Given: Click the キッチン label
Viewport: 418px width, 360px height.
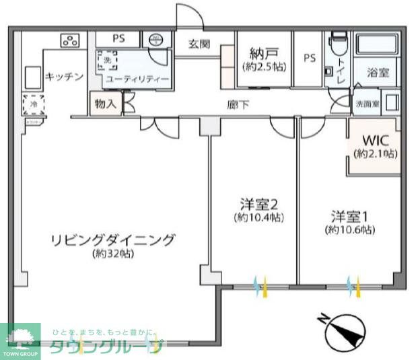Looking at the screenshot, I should pyautogui.click(x=64, y=77).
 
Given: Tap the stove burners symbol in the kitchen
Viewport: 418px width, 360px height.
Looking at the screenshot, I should pyautogui.click(x=70, y=40).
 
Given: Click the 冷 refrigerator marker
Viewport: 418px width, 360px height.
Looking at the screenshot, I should pyautogui.click(x=31, y=104).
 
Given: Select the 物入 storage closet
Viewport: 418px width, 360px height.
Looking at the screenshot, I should pyautogui.click(x=105, y=105).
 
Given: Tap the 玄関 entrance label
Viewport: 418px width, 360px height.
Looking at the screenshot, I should pyautogui.click(x=199, y=45).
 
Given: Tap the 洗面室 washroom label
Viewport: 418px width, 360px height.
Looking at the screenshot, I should pyautogui.click(x=367, y=104).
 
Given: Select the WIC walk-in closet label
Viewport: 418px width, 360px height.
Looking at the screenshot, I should pyautogui.click(x=376, y=141).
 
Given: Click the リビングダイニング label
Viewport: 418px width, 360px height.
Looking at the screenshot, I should pyautogui.click(x=112, y=240).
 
